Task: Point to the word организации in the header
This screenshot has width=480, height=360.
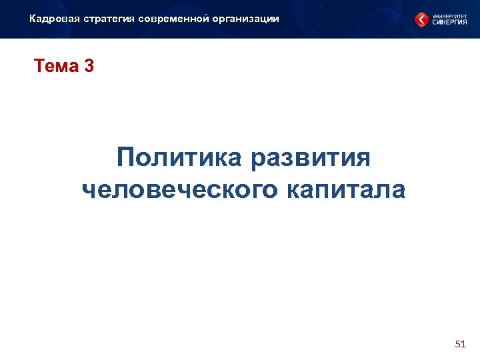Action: tap(245, 19)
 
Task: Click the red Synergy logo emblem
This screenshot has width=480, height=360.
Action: tap(421, 19)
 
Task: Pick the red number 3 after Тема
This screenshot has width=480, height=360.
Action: tap(89, 67)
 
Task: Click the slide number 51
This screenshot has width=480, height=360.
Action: tap(459, 344)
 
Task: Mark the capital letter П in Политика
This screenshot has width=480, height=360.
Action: tap(125, 159)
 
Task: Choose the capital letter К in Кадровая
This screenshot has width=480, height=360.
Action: tap(33, 19)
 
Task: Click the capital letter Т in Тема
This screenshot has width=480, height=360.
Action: tap(39, 67)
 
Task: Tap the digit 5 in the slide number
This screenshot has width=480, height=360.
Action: tap(457, 344)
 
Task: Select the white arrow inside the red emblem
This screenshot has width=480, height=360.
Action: tap(421, 19)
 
